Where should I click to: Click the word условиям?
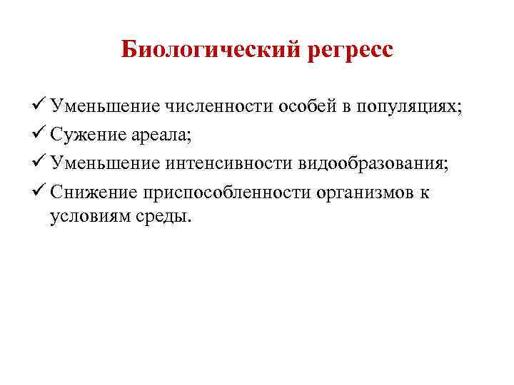[x=86, y=216]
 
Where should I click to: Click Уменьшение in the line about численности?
[x=104, y=108]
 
